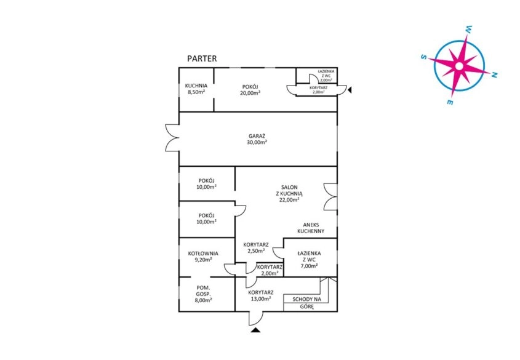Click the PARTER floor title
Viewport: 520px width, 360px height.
tap(202, 58)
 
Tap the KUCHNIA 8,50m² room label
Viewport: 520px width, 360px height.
tap(196, 89)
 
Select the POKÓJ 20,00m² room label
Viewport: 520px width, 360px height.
tap(250, 90)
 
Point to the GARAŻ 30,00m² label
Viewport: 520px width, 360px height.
tap(257, 139)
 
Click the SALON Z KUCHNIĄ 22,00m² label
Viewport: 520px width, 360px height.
tap(289, 194)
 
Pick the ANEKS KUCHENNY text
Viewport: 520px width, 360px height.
tap(311, 228)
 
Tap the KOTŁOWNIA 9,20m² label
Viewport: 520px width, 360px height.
tap(203, 257)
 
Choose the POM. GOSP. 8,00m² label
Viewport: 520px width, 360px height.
tap(204, 294)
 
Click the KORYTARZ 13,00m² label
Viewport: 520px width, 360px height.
tap(261, 295)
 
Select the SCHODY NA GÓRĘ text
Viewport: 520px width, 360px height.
tap(306, 303)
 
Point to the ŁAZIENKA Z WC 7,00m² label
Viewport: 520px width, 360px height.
tap(309, 260)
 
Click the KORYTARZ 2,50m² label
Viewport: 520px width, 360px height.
tap(256, 247)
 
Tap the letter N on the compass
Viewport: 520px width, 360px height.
tap(494, 75)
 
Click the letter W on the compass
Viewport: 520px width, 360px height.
tap(469, 29)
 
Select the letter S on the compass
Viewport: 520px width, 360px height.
tap(423, 57)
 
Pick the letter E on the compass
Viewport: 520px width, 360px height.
tap(450, 102)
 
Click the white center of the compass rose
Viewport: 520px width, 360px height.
tap(459, 66)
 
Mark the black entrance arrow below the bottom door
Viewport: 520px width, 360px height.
tap(255, 329)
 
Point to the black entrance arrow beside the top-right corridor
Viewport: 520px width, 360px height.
tap(350, 90)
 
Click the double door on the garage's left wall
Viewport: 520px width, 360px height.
tap(172, 138)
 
